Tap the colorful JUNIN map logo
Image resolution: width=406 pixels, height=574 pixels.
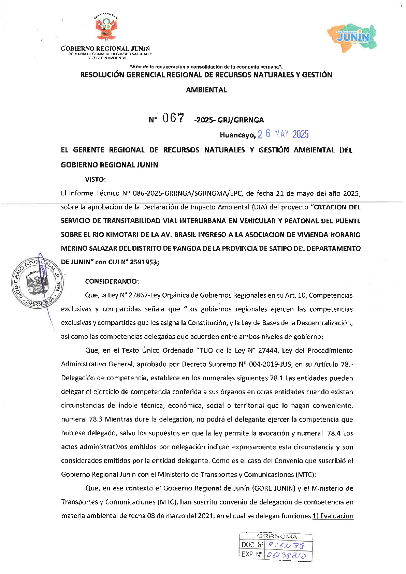point(352,37)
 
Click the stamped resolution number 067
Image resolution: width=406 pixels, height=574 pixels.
point(173,118)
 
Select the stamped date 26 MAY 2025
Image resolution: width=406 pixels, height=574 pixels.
point(283,134)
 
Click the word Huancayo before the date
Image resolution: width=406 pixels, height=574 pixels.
point(237,135)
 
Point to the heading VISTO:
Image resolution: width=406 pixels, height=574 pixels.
point(95,179)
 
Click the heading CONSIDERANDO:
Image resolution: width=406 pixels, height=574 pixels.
point(112,281)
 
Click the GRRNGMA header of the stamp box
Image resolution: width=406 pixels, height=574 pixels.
point(277,536)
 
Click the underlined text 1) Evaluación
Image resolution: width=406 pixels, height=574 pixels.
point(333,516)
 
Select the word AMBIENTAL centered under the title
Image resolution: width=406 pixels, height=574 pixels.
point(206,90)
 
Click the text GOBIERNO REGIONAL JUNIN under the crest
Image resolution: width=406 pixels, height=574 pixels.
point(105,49)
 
